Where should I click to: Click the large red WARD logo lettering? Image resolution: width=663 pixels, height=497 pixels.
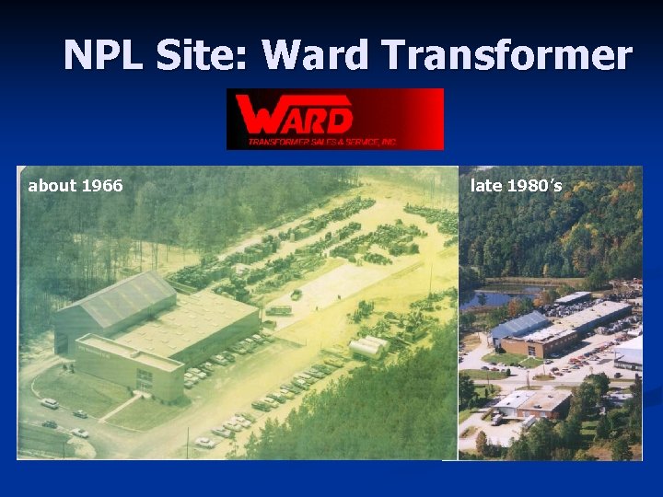[295, 115]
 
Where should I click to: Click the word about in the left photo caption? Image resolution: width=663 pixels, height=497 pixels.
[52, 186]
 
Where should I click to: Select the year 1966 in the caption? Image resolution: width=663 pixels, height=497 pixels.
[102, 186]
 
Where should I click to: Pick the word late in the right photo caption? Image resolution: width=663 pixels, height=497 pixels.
[486, 186]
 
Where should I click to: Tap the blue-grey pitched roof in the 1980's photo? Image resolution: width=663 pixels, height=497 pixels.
[519, 324]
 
